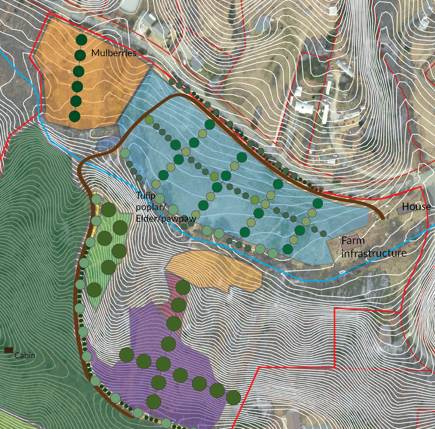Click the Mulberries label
point(113,53)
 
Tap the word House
point(416,207)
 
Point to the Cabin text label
point(25,355)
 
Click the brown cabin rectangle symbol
point(9,350)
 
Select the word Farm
point(353,240)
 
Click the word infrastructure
point(374,253)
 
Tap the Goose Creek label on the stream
point(356,267)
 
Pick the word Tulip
point(146,195)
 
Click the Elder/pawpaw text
point(166,218)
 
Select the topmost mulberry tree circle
point(81,40)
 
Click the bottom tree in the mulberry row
point(75,116)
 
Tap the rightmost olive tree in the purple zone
point(233,397)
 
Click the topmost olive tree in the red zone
point(183,288)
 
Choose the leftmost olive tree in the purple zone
point(127,355)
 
